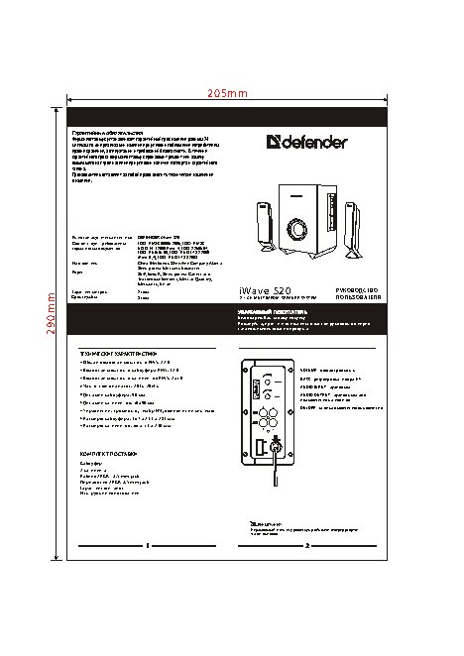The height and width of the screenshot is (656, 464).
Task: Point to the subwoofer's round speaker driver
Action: (296, 231)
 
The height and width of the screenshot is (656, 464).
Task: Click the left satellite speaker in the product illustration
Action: (253, 232)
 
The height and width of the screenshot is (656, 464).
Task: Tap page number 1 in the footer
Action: (147, 546)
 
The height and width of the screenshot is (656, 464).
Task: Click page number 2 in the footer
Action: (307, 546)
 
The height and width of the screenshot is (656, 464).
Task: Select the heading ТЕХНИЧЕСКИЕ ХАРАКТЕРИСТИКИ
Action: (118, 353)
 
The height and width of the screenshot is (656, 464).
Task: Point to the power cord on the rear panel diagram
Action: (276, 451)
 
